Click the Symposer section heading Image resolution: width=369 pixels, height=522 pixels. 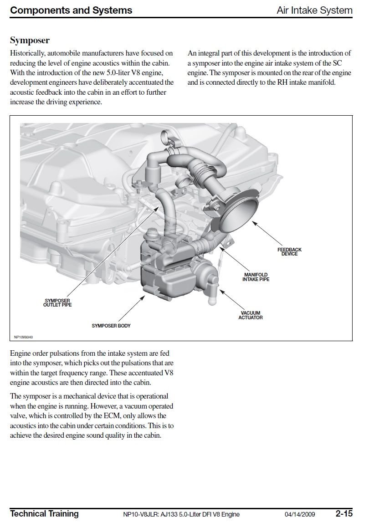(x=30, y=41)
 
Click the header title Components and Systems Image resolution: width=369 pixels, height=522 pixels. (x=71, y=10)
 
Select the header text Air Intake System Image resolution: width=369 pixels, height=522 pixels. (x=314, y=10)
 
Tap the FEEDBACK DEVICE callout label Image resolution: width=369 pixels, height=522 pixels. (x=289, y=252)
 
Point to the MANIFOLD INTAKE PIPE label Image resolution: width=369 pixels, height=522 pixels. (x=256, y=277)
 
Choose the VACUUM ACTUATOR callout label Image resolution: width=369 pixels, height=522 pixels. (x=250, y=315)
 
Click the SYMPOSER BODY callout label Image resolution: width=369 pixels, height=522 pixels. (x=111, y=326)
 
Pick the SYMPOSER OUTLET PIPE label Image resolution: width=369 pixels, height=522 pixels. (x=57, y=303)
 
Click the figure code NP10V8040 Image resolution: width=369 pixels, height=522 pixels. (x=24, y=338)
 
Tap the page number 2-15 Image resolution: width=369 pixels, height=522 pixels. (x=344, y=514)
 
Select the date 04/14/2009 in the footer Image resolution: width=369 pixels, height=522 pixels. (x=300, y=514)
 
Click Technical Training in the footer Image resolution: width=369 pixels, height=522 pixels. (x=44, y=514)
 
